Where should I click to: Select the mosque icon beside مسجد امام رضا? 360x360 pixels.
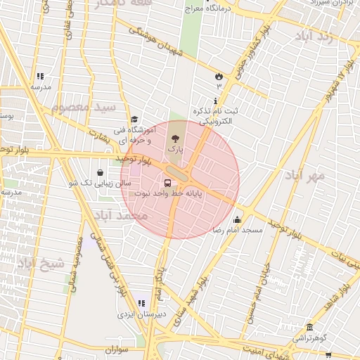238,219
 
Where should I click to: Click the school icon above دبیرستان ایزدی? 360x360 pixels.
142,303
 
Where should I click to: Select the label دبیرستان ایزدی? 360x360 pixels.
142,314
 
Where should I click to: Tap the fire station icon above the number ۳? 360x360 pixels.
218,76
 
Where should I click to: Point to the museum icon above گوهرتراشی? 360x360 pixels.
309,327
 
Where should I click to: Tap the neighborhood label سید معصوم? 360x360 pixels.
83,107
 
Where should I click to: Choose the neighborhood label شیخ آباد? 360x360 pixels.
40,263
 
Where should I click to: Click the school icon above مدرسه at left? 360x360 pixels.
40,76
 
